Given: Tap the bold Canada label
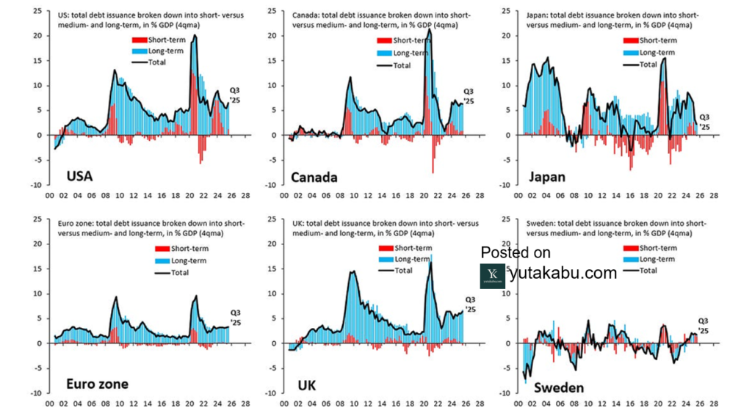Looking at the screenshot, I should click(x=314, y=177).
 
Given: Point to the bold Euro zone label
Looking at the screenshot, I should click(x=98, y=384).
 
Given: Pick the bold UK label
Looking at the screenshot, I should click(x=309, y=384).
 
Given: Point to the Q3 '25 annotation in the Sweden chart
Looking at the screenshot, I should click(x=703, y=326).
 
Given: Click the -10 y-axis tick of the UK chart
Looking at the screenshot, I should click(x=272, y=393).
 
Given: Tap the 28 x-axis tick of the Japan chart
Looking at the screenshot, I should click(x=712, y=196).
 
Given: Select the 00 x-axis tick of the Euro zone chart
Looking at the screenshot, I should click(x=50, y=403).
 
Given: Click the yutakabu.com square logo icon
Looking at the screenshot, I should click(x=492, y=275).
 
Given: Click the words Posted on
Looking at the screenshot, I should click(x=516, y=252).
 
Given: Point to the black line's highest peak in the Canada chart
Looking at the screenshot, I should click(x=429, y=30).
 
